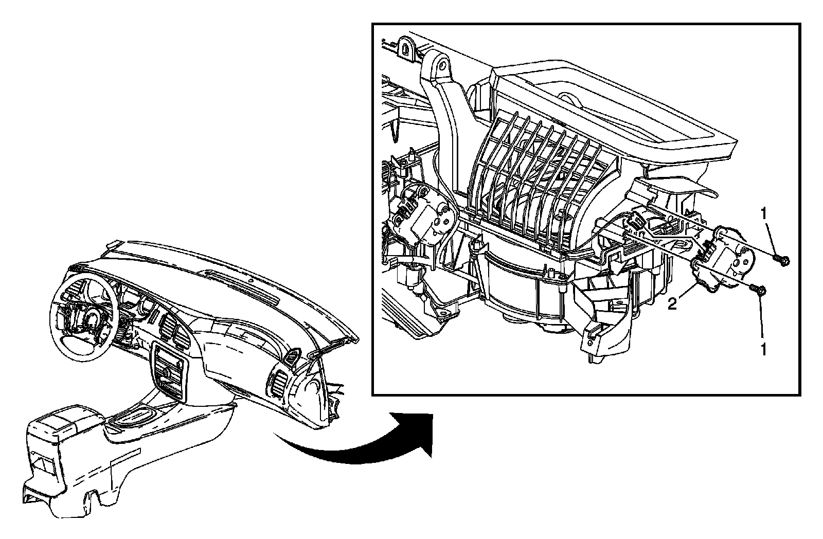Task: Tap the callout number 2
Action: (x=672, y=304)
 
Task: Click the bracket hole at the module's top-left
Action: (x=441, y=66)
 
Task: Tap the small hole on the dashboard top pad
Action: (x=248, y=280)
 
